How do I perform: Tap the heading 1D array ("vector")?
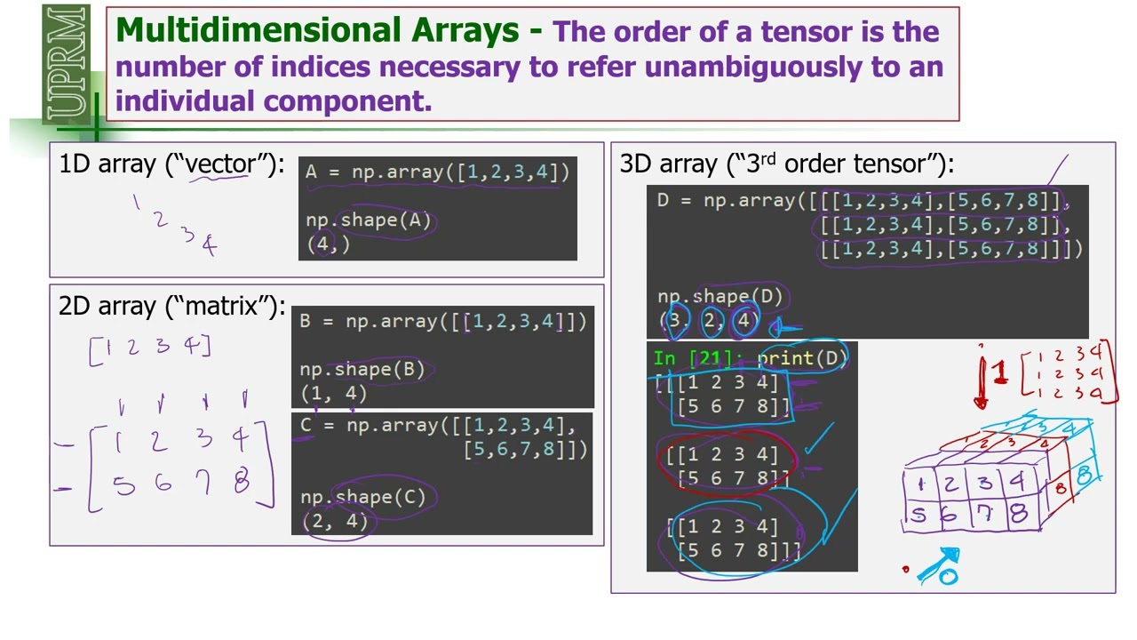point(171,164)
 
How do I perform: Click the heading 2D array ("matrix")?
point(171,306)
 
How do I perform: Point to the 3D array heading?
point(786,164)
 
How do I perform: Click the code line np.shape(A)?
point(368,220)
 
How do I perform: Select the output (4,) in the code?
point(328,244)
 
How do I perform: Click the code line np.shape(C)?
point(362,498)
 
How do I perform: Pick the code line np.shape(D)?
point(720,297)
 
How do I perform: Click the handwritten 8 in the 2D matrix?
point(241,483)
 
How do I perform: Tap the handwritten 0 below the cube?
point(949,577)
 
